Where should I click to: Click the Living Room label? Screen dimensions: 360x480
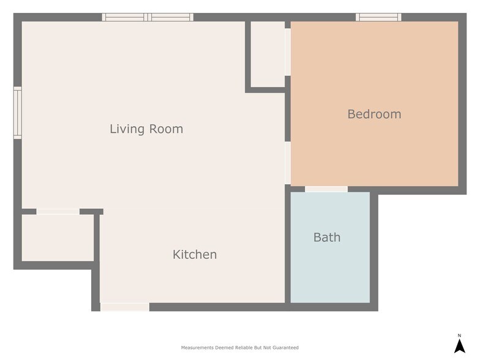click(x=146, y=129)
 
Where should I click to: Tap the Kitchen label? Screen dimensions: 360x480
click(x=195, y=254)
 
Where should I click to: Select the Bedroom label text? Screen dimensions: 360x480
click(x=374, y=114)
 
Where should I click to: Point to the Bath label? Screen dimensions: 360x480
click(x=327, y=237)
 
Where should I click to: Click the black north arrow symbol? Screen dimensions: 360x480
click(x=459, y=346)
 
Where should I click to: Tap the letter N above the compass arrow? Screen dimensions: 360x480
click(x=459, y=335)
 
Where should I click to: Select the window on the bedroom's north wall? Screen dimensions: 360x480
click(x=378, y=17)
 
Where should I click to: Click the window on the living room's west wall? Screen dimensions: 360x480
click(x=18, y=113)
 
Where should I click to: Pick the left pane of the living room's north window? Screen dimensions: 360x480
click(x=125, y=17)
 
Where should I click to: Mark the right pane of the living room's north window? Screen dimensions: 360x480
click(x=171, y=17)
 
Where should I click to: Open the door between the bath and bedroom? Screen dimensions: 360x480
click(x=326, y=189)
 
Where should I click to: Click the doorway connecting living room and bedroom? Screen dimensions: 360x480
click(x=287, y=162)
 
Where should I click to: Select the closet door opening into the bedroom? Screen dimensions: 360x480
click(x=287, y=52)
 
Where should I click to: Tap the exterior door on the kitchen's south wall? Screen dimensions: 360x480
click(x=125, y=307)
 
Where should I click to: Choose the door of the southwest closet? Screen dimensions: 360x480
click(x=58, y=212)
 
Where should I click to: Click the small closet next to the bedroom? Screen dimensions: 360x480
click(x=268, y=54)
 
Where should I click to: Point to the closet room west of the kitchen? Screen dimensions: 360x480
click(x=57, y=238)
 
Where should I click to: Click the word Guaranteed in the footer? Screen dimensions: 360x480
click(x=285, y=348)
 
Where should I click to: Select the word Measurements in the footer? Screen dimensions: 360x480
click(x=197, y=348)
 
